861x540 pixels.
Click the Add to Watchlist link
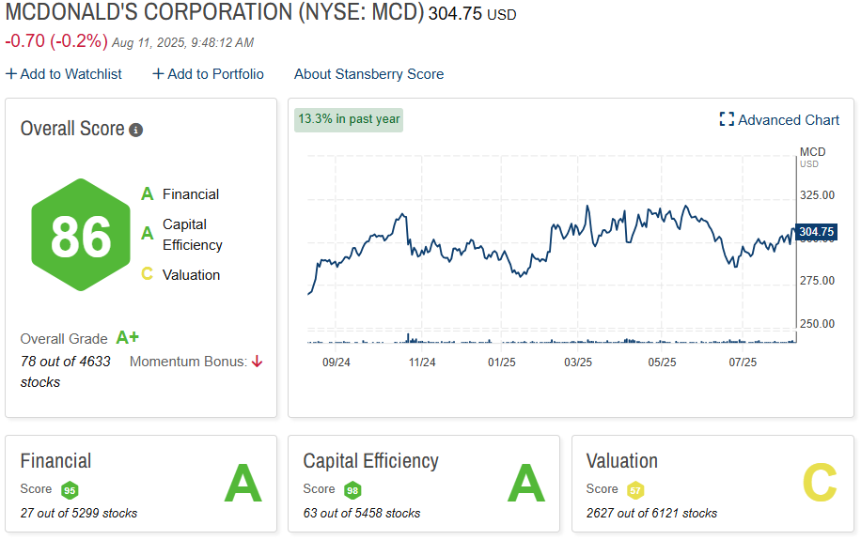point(64,74)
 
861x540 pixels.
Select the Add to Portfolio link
point(209,74)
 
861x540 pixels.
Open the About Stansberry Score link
point(368,74)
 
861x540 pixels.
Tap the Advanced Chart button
point(779,119)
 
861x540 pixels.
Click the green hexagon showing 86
point(81,235)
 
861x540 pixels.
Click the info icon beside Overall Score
point(136,130)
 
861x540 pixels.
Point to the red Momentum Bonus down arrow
point(257,362)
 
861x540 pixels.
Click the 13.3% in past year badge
point(349,119)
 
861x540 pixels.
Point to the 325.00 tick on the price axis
point(817,195)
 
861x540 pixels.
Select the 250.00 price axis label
point(817,324)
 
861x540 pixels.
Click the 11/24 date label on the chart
point(422,362)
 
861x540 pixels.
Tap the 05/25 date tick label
point(663,362)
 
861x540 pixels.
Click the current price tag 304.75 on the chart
point(816,232)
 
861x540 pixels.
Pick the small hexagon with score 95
point(70,490)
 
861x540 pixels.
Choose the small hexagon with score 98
point(352,490)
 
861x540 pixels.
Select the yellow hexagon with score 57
point(635,490)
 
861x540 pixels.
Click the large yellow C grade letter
point(819,485)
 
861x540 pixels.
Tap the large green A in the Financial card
point(243,485)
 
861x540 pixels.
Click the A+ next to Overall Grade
point(127,338)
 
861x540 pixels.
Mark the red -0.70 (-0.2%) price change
point(56,41)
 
